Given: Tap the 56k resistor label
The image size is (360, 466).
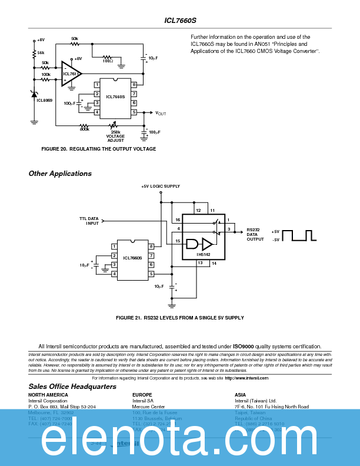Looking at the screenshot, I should [x=41, y=53].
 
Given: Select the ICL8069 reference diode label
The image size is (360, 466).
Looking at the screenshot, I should [x=44, y=101].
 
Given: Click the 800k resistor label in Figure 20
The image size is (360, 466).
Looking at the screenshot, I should [x=84, y=129].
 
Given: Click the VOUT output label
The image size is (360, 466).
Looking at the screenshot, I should [x=161, y=112].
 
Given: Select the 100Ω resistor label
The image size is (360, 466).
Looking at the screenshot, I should [x=108, y=61].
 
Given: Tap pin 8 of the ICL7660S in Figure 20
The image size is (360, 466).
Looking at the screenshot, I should [x=134, y=85].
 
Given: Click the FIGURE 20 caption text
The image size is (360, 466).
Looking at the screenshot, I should [x=99, y=149].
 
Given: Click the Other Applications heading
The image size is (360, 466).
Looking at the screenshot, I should [x=60, y=174].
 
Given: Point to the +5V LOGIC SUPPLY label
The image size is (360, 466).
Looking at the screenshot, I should [x=161, y=187].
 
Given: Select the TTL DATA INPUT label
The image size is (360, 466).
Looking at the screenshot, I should [x=89, y=221].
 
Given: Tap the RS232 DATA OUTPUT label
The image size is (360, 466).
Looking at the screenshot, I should [x=255, y=234].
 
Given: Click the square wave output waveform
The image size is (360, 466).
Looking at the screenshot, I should [x=299, y=235].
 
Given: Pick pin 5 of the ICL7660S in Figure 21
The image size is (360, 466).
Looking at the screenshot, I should [x=151, y=274].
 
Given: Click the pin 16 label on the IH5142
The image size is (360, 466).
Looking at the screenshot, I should [x=178, y=219].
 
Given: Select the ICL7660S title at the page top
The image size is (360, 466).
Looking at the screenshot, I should [x=179, y=20].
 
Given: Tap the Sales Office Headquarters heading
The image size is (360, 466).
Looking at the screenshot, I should [x=72, y=387].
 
